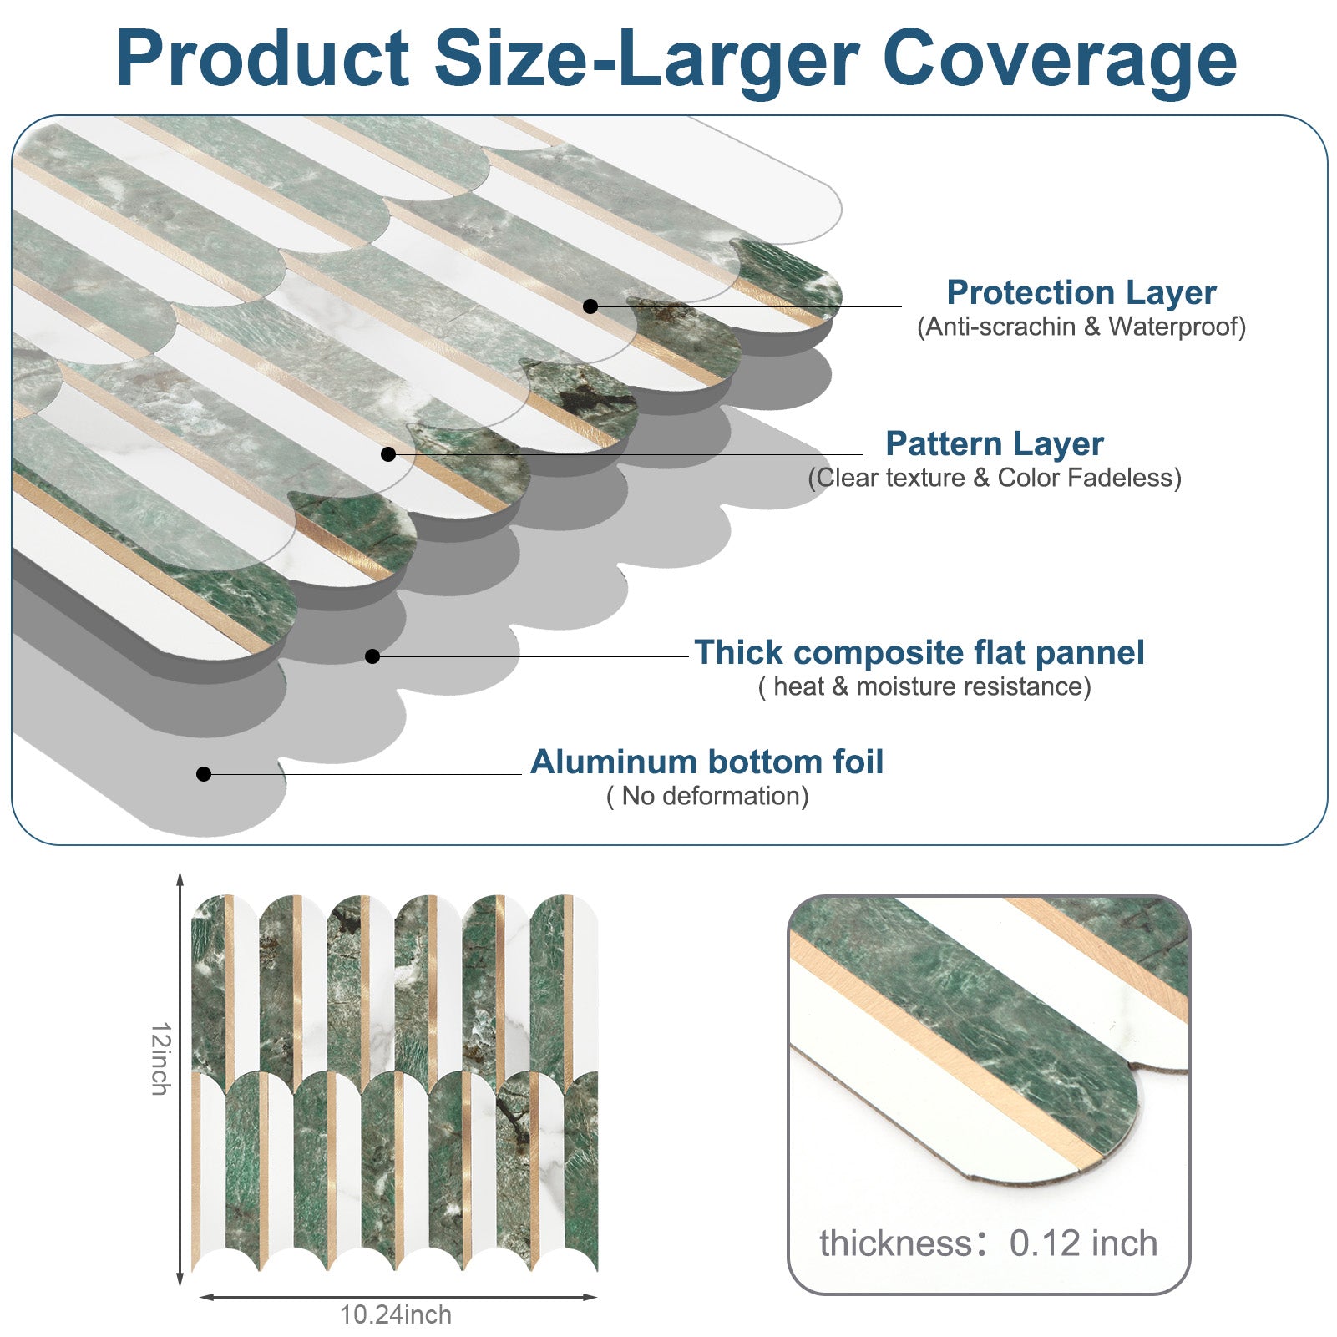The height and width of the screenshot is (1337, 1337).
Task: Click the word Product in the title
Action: tap(263, 58)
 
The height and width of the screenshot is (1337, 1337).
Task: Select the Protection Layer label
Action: tap(1081, 293)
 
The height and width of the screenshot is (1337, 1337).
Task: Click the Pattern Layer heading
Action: tap(995, 443)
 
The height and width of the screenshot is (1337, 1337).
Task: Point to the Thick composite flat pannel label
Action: tap(919, 652)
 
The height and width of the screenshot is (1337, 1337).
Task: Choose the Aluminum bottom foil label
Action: tap(706, 762)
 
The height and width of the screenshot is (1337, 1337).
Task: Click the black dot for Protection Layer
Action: tap(590, 306)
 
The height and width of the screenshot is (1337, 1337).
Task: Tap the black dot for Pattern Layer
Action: tap(388, 454)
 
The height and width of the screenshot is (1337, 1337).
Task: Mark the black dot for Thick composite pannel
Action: tap(372, 656)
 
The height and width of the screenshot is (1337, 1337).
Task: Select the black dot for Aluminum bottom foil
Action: tap(204, 774)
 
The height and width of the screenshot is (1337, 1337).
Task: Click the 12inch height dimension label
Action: tap(160, 1058)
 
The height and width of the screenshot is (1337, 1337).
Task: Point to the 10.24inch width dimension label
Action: tap(395, 1314)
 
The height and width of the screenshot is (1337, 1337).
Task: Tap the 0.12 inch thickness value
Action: tap(1083, 1243)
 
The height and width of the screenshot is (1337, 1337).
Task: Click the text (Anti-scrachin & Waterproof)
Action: tap(1081, 327)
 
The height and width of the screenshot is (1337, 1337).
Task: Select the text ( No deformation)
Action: tap(707, 796)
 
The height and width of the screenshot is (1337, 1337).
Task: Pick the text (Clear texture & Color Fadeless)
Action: tap(995, 478)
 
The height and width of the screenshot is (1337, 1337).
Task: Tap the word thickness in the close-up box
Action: tap(896, 1243)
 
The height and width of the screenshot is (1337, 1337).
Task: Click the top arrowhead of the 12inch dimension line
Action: tap(180, 878)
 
